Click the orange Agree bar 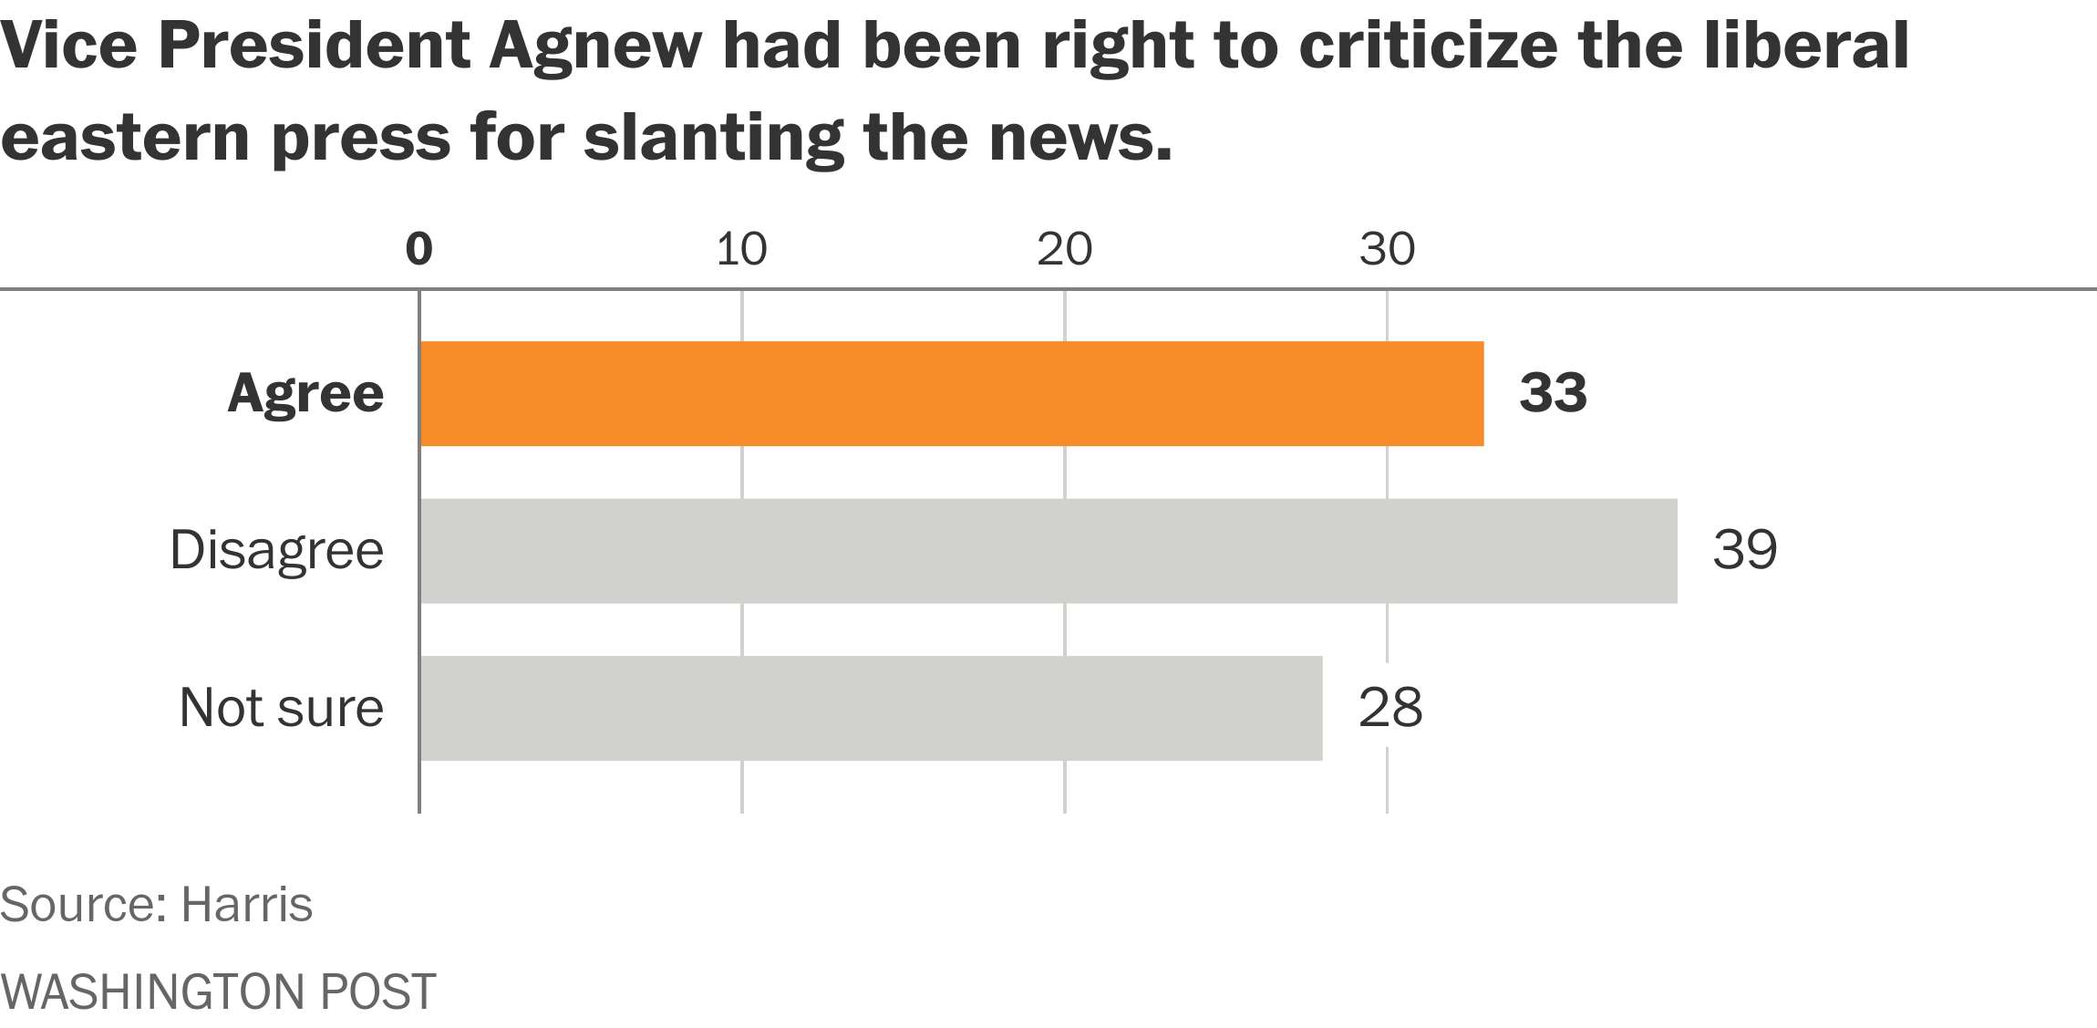pyautogui.click(x=951, y=394)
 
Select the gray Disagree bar pyautogui.click(x=1048, y=551)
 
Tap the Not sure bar pyautogui.click(x=871, y=708)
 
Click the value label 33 pyautogui.click(x=1553, y=393)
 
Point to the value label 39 pyautogui.click(x=1744, y=550)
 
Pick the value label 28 pyautogui.click(x=1389, y=708)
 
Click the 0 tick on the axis pyautogui.click(x=418, y=249)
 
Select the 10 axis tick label pyautogui.click(x=740, y=249)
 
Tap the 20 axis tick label pyautogui.click(x=1063, y=249)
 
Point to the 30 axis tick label pyautogui.click(x=1386, y=249)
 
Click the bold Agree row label pyautogui.click(x=305, y=394)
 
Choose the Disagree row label pyautogui.click(x=276, y=551)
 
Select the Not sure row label pyautogui.click(x=281, y=708)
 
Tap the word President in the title pyautogui.click(x=314, y=46)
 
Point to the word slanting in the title pyautogui.click(x=712, y=139)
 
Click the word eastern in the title pyautogui.click(x=125, y=139)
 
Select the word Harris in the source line pyautogui.click(x=246, y=905)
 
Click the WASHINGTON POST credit pyautogui.click(x=218, y=992)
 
